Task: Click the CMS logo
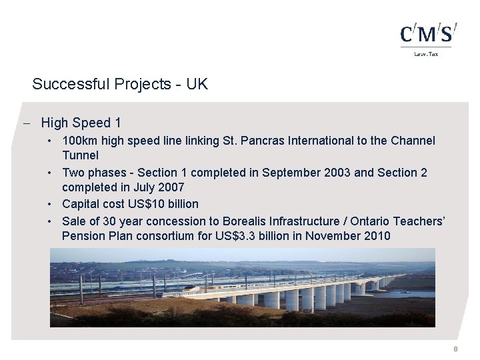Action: click(428, 34)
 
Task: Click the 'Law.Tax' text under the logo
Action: click(427, 53)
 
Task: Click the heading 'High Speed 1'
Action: click(81, 123)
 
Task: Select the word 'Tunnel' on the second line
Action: click(80, 155)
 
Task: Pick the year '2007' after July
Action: click(169, 187)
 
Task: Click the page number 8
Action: click(455, 349)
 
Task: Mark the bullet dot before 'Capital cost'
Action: click(51, 203)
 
